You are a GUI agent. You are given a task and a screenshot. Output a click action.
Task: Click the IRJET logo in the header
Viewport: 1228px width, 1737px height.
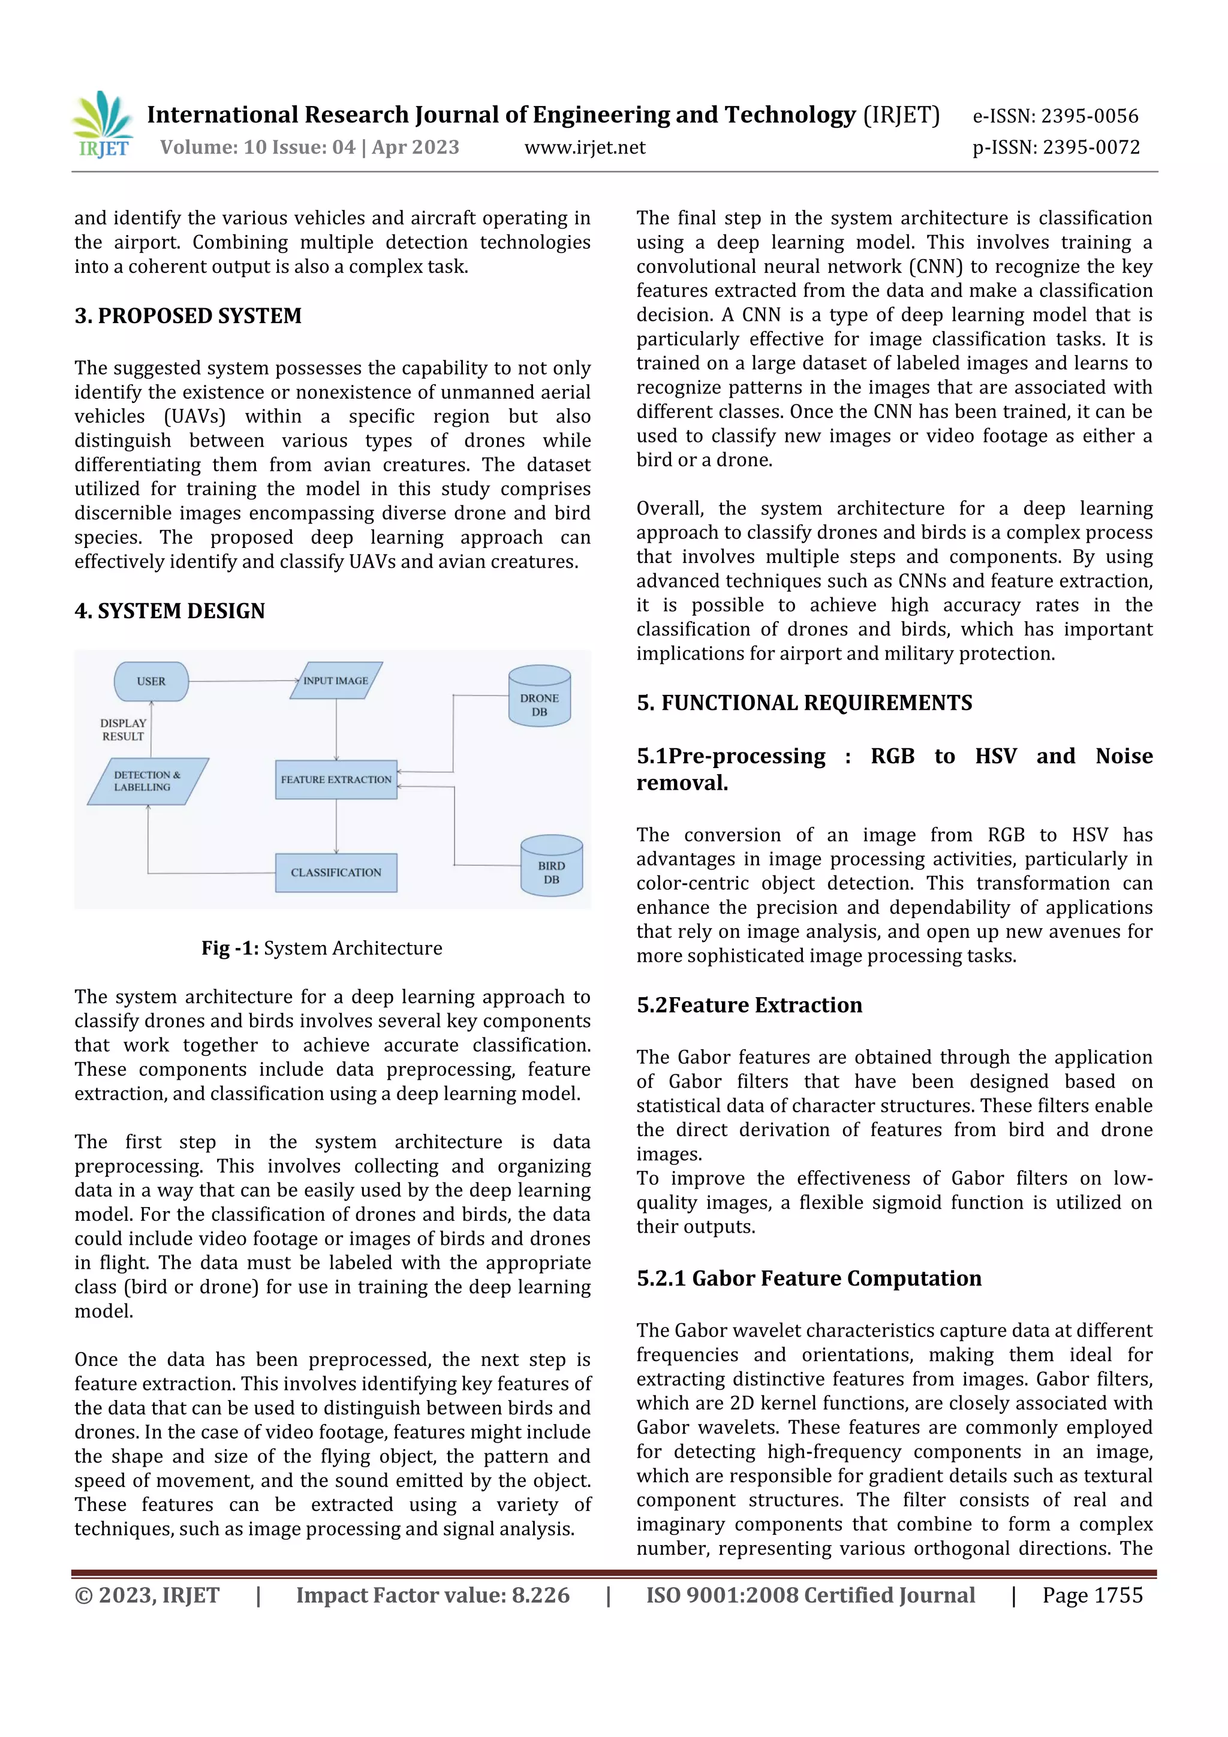(103, 125)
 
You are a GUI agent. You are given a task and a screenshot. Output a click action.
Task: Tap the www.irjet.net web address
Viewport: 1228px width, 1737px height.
(584, 147)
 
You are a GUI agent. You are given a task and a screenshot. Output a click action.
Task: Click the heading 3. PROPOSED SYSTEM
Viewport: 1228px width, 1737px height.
(188, 315)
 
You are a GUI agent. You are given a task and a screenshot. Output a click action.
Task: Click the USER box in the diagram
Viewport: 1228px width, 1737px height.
(151, 682)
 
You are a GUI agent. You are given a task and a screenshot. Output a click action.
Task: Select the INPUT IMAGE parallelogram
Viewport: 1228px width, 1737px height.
(336, 681)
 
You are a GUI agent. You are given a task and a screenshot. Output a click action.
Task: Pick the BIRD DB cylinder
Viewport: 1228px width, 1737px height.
(552, 867)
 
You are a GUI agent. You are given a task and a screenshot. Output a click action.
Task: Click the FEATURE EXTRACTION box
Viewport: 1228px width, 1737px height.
(336, 780)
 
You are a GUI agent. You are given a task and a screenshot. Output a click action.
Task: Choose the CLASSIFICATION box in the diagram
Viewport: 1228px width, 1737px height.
(336, 873)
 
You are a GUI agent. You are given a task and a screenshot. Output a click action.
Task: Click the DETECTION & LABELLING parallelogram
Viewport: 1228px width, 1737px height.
(148, 781)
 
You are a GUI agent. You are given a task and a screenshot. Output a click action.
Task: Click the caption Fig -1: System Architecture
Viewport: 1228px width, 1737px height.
(321, 948)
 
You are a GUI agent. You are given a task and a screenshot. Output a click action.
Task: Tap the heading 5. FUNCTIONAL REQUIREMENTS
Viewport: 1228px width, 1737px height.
(803, 703)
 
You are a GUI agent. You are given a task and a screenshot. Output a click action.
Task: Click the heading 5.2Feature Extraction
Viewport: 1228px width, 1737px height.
(749, 1005)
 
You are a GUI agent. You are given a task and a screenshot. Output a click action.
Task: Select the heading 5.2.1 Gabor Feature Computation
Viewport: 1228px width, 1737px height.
(809, 1278)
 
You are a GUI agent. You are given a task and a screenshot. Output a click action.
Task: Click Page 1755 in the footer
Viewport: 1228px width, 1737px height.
(1092, 1595)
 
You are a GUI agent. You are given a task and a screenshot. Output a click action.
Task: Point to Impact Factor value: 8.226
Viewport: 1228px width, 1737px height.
(433, 1595)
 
